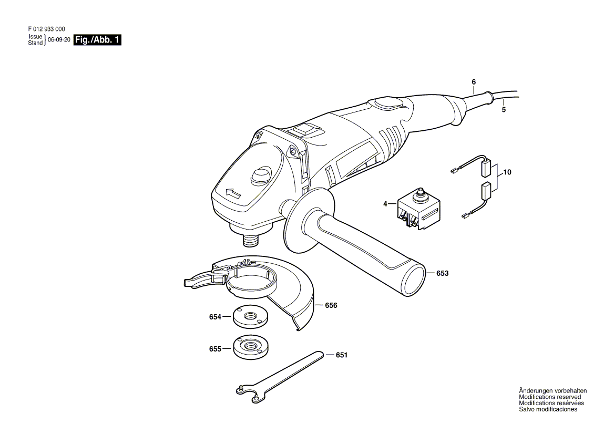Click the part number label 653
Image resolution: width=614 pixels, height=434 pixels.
point(442,273)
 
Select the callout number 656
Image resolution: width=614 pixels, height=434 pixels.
point(331,305)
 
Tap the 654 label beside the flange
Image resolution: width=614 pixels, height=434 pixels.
point(215,317)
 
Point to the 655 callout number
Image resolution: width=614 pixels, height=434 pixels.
point(215,348)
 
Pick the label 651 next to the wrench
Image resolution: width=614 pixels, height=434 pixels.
point(342,355)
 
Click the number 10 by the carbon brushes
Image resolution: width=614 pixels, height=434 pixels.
point(507,172)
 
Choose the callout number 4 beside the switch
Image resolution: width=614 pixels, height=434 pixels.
point(385,203)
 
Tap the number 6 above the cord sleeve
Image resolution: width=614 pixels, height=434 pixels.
point(474,82)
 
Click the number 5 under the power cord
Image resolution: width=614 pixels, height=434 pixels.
point(504,110)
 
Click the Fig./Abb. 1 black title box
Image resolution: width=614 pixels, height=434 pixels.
point(97,40)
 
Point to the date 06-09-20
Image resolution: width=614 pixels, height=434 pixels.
point(59,40)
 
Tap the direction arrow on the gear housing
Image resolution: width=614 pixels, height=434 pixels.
point(231,193)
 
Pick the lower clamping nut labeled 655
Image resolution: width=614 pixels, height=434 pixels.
point(251,348)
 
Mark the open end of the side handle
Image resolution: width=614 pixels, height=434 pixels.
point(413,278)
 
